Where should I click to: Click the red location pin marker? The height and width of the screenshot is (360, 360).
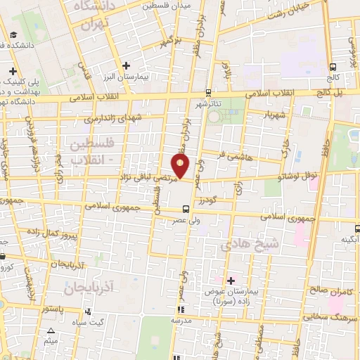pos(181,167)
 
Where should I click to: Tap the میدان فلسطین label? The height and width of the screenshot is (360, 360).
pos(167,6)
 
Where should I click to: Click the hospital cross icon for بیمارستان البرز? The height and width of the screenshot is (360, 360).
pos(125,66)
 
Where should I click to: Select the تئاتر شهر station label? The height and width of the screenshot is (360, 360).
pos(209,104)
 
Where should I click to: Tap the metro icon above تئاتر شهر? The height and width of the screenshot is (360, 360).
pos(208,92)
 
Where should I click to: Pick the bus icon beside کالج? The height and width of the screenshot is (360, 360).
pos(333,68)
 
